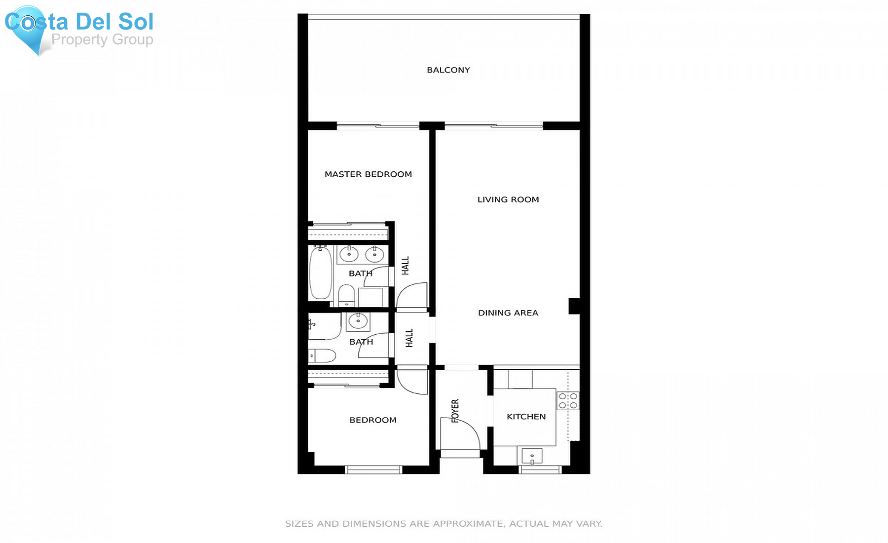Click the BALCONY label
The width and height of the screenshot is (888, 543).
click(x=448, y=70)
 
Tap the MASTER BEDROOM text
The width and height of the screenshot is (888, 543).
click(x=368, y=174)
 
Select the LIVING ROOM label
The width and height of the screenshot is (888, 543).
click(x=508, y=199)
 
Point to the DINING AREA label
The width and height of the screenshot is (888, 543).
click(x=508, y=313)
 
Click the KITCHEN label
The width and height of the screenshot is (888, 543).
click(x=526, y=417)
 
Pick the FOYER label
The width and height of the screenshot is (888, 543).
click(x=455, y=411)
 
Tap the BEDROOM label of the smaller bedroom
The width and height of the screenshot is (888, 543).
click(x=372, y=420)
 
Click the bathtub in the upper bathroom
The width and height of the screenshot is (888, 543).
click(x=321, y=273)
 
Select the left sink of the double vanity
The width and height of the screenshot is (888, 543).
click(x=349, y=254)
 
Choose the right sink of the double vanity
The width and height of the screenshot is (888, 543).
click(x=374, y=254)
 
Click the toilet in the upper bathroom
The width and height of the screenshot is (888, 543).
click(x=346, y=295)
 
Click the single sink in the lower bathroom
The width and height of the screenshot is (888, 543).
click(x=358, y=321)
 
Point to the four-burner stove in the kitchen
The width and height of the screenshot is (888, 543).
click(x=568, y=400)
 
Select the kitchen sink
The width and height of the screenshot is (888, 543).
click(x=532, y=456)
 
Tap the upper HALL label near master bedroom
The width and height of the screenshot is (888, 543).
click(x=406, y=266)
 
